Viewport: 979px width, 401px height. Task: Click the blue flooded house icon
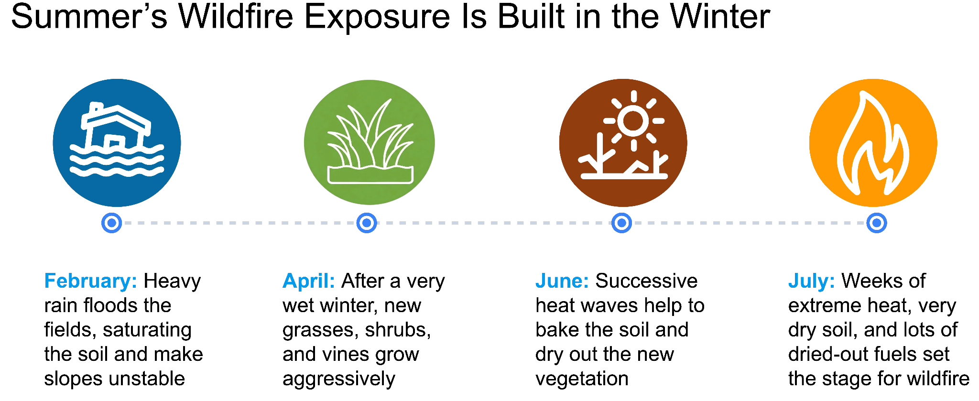click(x=117, y=143)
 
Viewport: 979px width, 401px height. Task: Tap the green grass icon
click(x=369, y=142)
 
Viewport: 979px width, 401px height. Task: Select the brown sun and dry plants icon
click(x=623, y=143)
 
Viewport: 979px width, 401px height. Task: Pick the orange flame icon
click(x=873, y=143)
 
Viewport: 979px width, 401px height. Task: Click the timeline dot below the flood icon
click(x=112, y=223)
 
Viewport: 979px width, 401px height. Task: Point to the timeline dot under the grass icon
click(x=367, y=223)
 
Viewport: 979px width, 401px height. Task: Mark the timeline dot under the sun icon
click(x=621, y=223)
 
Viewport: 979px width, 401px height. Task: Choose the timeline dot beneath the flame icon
click(x=877, y=223)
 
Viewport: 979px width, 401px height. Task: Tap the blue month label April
click(x=309, y=282)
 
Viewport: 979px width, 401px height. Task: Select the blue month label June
click(x=562, y=281)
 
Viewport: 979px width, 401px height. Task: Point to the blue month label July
click(x=812, y=282)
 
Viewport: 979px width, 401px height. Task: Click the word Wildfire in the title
click(x=236, y=17)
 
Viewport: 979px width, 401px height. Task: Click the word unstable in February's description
click(x=148, y=379)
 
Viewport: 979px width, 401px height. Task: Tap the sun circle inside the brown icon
click(x=633, y=121)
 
